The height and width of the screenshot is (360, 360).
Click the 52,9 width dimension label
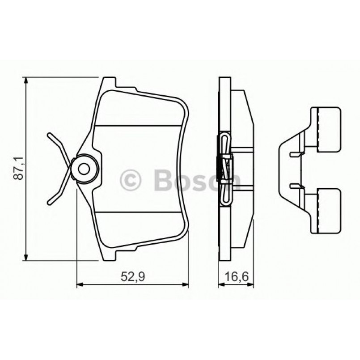tap(132, 277)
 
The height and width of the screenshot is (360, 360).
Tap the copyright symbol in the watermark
tap(131, 180)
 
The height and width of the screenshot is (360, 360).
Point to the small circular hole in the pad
tap(84, 169)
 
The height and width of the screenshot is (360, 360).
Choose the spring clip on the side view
tap(226, 169)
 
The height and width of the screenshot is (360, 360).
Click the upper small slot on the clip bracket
tap(294, 154)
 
